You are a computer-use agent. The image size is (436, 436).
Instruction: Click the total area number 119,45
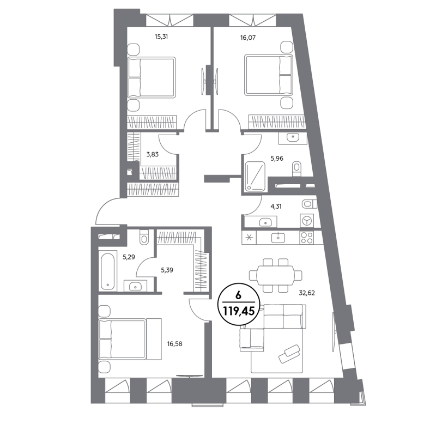pyautogui.click(x=239, y=311)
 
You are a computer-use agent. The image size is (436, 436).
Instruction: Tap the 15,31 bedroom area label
pyautogui.click(x=161, y=37)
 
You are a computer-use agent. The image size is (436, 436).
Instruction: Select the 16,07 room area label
pyautogui.click(x=248, y=38)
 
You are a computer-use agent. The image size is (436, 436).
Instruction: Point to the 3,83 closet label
pyautogui.click(x=153, y=154)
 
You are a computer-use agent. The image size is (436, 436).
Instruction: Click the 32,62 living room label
pyautogui.click(x=307, y=293)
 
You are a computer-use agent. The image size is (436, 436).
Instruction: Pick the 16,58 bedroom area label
pyautogui.click(x=174, y=344)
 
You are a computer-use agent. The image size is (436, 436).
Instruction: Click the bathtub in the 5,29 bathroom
pyautogui.click(x=107, y=270)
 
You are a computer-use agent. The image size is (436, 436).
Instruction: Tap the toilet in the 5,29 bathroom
pyautogui.click(x=144, y=237)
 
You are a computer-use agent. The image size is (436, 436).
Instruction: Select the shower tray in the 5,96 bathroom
pyautogui.click(x=255, y=177)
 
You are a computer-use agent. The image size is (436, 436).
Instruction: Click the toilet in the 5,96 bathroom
pyautogui.click(x=296, y=168)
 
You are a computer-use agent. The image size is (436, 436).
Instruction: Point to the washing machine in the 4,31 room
pyautogui.click(x=307, y=221)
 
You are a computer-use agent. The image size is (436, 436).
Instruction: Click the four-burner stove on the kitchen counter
pyautogui.click(x=307, y=238)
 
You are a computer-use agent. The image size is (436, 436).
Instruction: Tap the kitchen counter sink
pyautogui.click(x=278, y=238)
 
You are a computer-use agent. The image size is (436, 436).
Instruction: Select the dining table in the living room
pyautogui.click(x=275, y=275)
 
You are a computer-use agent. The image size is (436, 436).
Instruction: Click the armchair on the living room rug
pyautogui.click(x=289, y=353)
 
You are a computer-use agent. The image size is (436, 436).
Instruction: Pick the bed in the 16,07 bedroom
pyautogui.click(x=268, y=75)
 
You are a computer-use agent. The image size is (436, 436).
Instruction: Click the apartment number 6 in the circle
pyautogui.click(x=238, y=295)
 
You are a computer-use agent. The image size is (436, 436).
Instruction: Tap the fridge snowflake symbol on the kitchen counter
pyautogui.click(x=249, y=238)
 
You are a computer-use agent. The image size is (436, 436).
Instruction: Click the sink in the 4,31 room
pyautogui.click(x=265, y=222)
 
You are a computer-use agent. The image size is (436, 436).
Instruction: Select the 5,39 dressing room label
pyautogui.click(x=167, y=270)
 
